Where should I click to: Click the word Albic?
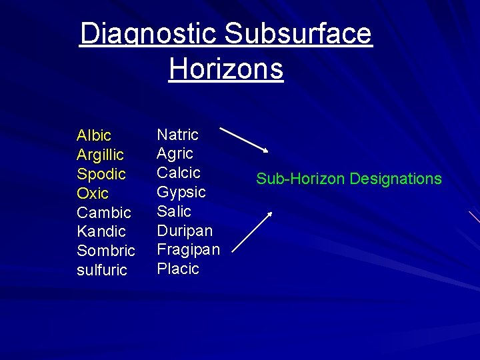coord(94,136)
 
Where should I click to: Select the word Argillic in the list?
coord(100,155)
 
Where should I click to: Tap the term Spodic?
coord(101,174)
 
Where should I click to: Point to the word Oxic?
coord(92,193)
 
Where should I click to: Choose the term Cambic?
coord(104,213)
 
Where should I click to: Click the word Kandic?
coord(101,231)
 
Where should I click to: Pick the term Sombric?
coord(105,251)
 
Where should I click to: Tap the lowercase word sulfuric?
coord(101,270)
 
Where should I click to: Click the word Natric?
coord(177,135)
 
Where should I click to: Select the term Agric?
coord(175,153)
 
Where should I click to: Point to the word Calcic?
coord(178,173)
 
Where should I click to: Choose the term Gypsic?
coord(181,192)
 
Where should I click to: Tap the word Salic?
coord(173,211)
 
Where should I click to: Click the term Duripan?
coord(185,231)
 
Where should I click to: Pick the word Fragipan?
coord(188,249)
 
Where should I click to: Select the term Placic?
coord(178,269)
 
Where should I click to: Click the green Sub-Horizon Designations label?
coord(349,179)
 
